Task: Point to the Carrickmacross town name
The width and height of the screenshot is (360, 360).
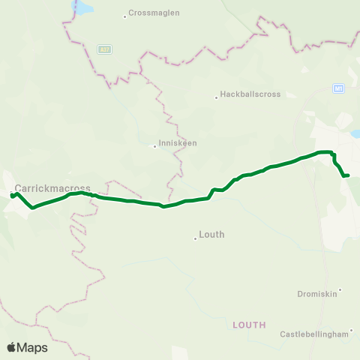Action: [52, 188]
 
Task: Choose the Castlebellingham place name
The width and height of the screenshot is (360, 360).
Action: [315, 334]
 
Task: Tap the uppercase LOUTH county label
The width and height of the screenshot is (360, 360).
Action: [249, 325]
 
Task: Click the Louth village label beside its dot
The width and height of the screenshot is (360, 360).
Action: [211, 235]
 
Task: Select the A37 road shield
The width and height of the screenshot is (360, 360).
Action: [105, 49]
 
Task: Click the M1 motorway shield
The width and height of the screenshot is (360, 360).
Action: [339, 88]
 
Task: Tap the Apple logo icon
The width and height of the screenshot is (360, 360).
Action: [12, 347]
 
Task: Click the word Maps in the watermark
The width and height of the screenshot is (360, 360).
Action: [33, 347]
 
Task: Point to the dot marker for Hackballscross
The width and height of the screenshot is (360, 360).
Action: [216, 96]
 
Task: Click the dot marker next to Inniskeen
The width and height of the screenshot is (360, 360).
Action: [154, 146]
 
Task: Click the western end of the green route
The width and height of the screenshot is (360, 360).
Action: [12, 196]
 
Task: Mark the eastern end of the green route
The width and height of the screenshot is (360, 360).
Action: [349, 175]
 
